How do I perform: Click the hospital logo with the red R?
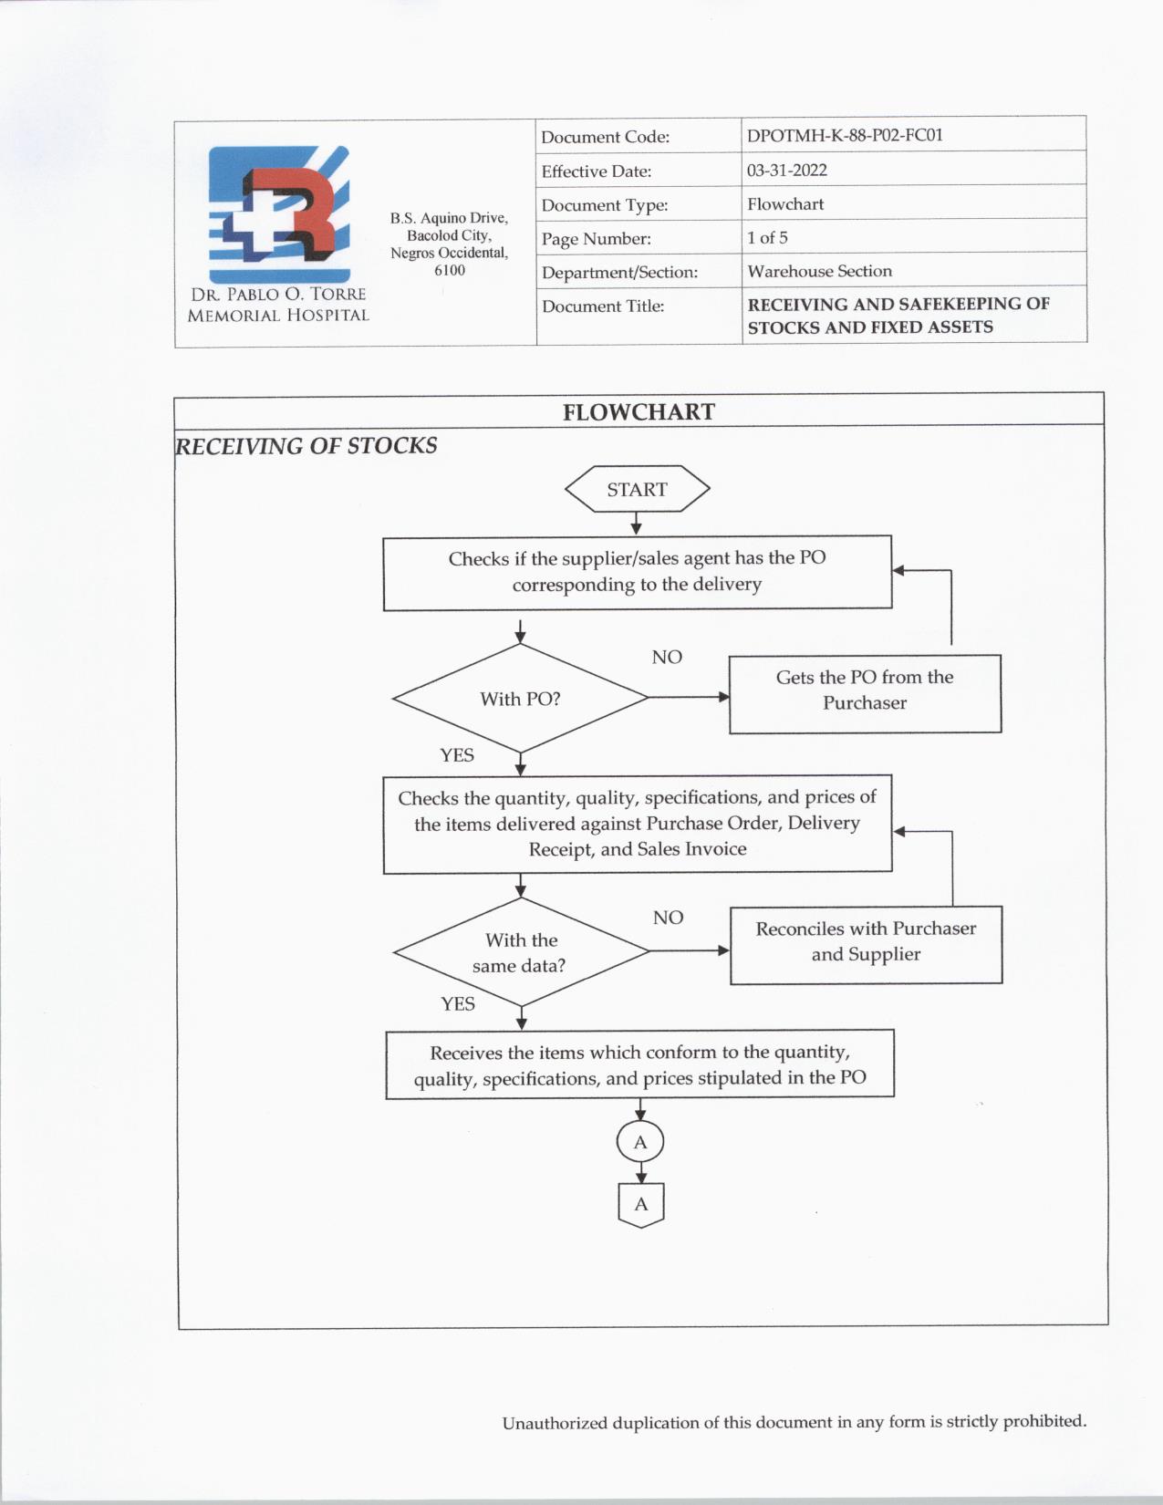[x=279, y=215]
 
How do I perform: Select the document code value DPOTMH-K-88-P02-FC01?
[x=845, y=136]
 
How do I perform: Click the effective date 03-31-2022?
[x=787, y=171]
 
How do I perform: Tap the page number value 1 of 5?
[x=767, y=238]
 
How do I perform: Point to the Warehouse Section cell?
[x=819, y=271]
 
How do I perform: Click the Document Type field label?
[x=605, y=205]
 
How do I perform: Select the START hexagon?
[x=637, y=490]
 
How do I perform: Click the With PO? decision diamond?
[x=520, y=699]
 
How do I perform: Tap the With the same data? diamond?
[x=520, y=952]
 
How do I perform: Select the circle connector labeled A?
[x=640, y=1142]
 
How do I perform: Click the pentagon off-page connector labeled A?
[x=641, y=1205]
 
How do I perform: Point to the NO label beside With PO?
[x=667, y=658]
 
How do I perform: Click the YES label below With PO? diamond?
[x=457, y=755]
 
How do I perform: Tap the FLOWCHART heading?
[x=639, y=412]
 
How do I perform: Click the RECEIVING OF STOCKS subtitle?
[x=306, y=446]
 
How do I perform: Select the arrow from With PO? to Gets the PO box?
[x=689, y=698]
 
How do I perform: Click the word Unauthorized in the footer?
[x=554, y=1423]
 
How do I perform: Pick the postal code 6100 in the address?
[x=450, y=270]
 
